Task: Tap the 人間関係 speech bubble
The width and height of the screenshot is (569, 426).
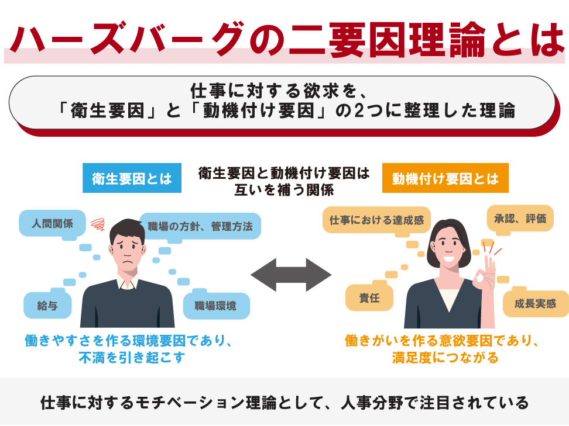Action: tap(53, 223)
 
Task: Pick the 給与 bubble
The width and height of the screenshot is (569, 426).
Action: tap(47, 305)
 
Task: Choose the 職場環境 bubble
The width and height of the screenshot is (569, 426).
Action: tap(217, 305)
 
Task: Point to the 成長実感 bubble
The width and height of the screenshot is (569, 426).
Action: tap(535, 304)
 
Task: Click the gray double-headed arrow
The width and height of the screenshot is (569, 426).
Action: tap(291, 275)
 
